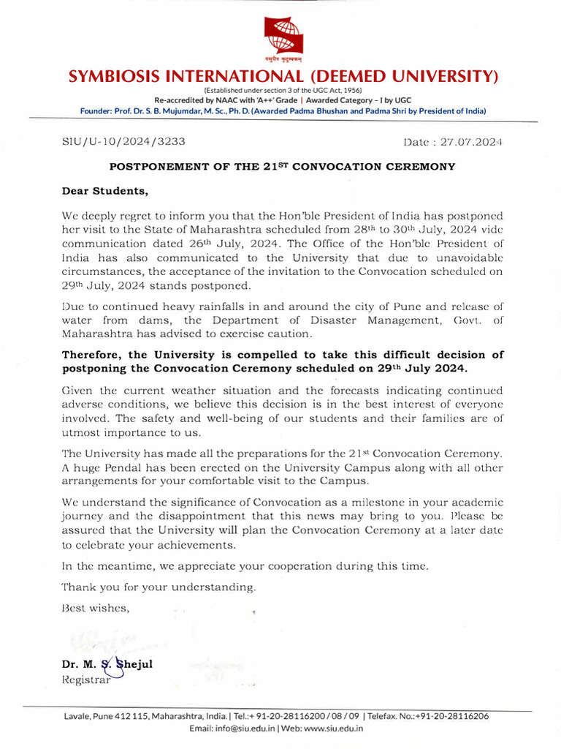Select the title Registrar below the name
coord(86,680)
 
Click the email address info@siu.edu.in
coord(245,729)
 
